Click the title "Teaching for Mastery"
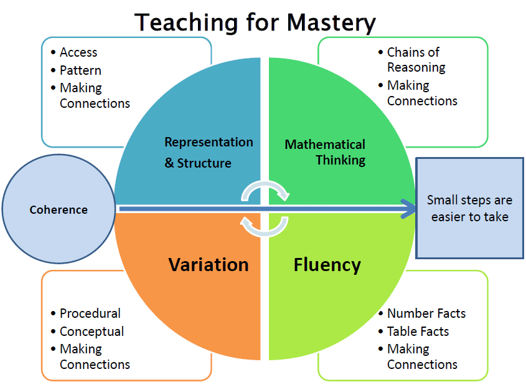pos(255,23)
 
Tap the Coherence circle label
pos(59,209)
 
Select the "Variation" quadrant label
pos(209,264)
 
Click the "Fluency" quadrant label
pos(327,265)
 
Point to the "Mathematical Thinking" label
pos(325,152)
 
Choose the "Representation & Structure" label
pos(209,153)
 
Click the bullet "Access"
pos(78,52)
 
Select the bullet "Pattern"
pos(80,70)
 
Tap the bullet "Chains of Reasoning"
pos(416,60)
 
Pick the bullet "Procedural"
pos(90,313)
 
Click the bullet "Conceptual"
pos(92,332)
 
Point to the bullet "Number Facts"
pos(426,313)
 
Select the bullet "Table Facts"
pos(418,332)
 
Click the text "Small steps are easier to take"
pos(469,208)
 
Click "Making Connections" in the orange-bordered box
pos(95,356)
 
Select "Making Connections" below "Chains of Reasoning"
pos(422,93)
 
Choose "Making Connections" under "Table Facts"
pos(422,356)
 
